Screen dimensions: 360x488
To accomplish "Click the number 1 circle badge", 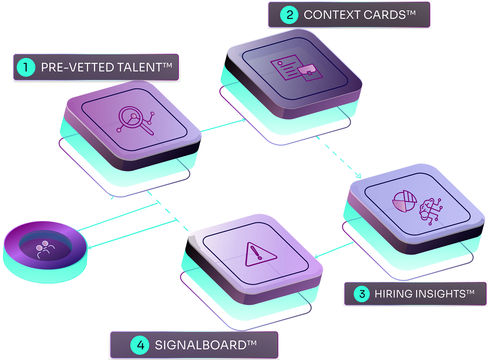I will point(26,67).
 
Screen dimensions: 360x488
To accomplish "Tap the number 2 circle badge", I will point(289,15).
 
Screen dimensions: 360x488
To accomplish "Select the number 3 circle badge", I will point(362,294).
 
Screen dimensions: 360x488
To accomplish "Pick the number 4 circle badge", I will point(140,345).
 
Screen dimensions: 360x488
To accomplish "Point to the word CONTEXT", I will point(332,15).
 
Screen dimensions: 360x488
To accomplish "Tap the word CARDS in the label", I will point(385,15).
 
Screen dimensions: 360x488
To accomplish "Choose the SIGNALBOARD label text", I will point(201,345).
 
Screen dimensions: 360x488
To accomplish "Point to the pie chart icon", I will point(404,201).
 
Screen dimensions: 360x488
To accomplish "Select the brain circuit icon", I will point(430,210).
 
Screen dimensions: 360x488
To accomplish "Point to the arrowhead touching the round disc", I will point(90,247).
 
